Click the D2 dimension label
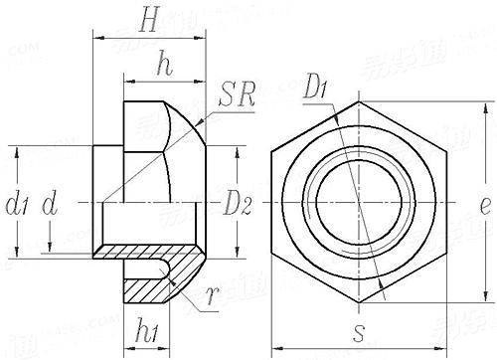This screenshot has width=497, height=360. point(238,206)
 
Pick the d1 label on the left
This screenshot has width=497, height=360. point(17,206)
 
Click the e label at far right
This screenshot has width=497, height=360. point(484,207)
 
